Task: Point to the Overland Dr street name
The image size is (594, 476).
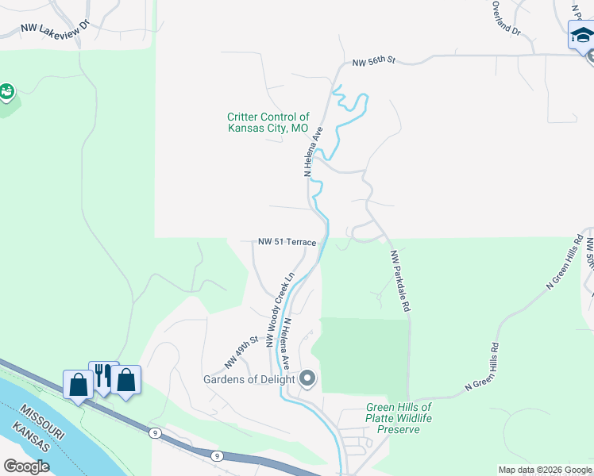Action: (504, 17)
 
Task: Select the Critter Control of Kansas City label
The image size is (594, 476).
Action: (268, 122)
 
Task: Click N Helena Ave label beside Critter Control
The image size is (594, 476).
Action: (313, 151)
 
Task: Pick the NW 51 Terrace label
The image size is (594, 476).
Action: (287, 242)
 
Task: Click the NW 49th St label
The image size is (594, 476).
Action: (241, 351)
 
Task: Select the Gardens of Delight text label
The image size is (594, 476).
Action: (249, 379)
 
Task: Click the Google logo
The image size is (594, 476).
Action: (26, 466)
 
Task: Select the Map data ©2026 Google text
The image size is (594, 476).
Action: (544, 470)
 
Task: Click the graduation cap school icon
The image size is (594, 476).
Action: (581, 36)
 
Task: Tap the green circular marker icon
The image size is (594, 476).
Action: (6, 93)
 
